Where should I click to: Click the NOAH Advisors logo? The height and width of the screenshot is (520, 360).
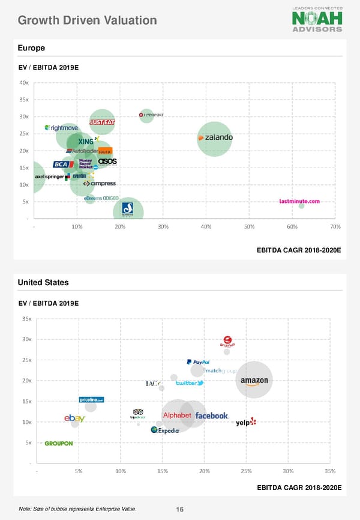pyautogui.click(x=317, y=19)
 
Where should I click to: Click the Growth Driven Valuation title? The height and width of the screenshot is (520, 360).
pyautogui.click(x=88, y=20)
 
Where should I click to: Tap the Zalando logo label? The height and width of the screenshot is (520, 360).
pyautogui.click(x=215, y=138)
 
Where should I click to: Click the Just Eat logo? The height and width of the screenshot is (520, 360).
pyautogui.click(x=102, y=122)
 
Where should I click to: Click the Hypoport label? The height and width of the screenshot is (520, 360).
pyautogui.click(x=152, y=115)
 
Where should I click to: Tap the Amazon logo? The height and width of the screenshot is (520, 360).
pyautogui.click(x=254, y=381)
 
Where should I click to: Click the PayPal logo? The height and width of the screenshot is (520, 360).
pyautogui.click(x=197, y=362)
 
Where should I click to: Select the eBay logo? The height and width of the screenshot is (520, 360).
pyautogui.click(x=74, y=418)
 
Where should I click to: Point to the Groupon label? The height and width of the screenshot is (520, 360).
pyautogui.click(x=59, y=444)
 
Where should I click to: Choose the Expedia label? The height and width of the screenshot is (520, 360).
pyautogui.click(x=165, y=430)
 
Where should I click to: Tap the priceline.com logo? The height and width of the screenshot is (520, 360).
pyautogui.click(x=92, y=400)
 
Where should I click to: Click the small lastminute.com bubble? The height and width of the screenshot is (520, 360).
pyautogui.click(x=301, y=206)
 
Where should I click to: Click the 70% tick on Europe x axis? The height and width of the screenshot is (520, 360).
pyautogui.click(x=335, y=226)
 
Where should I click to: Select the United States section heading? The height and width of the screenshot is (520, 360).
pyautogui.click(x=43, y=282)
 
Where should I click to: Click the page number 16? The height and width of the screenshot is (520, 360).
pyautogui.click(x=179, y=510)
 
